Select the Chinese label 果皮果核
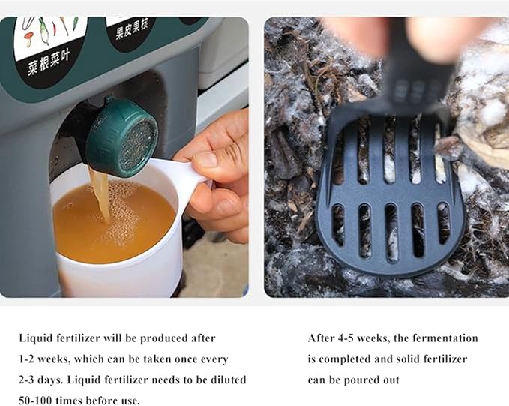[132, 30]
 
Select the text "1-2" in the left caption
[27, 359]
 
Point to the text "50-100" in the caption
[34, 401]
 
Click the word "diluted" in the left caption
[229, 380]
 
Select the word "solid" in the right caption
[403, 359]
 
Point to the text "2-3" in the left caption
[27, 380]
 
